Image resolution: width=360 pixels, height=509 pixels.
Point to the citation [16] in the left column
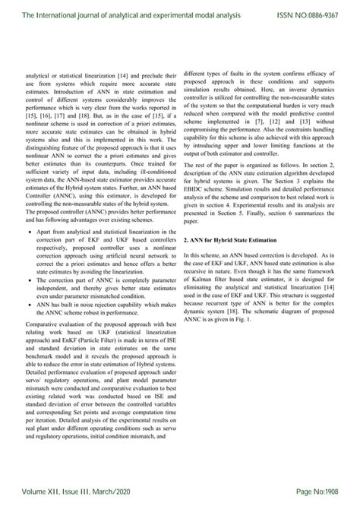[47, 117]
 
